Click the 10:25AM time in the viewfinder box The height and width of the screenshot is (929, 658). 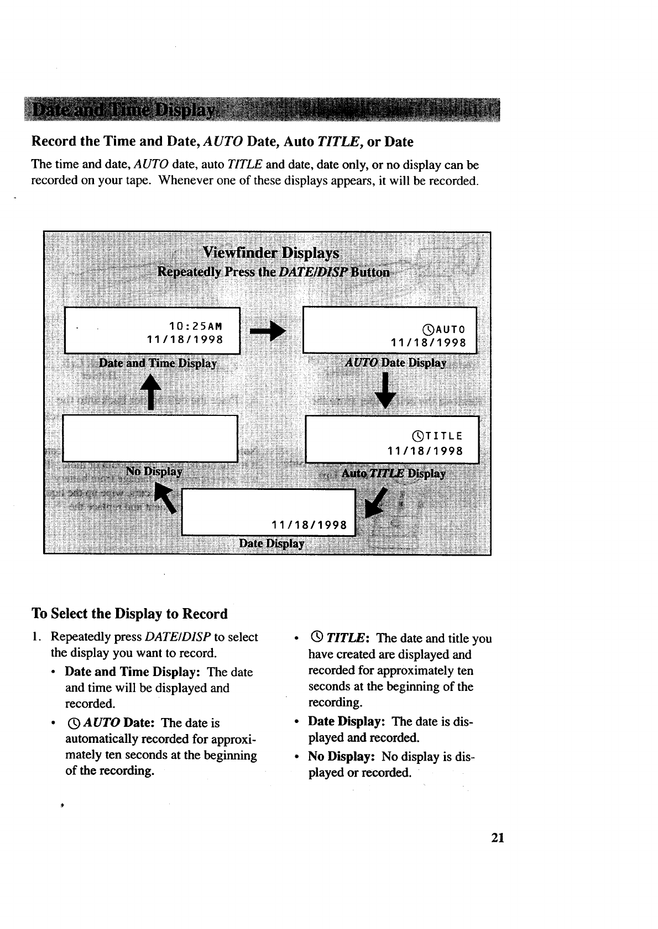195,324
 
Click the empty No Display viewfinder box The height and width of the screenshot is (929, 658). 150,438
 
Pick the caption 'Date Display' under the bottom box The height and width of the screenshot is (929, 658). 271,543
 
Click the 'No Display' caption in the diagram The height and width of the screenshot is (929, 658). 154,472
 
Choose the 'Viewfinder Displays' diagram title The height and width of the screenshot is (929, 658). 270,253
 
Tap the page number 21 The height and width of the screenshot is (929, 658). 497,837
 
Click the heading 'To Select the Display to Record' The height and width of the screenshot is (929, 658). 130,614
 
